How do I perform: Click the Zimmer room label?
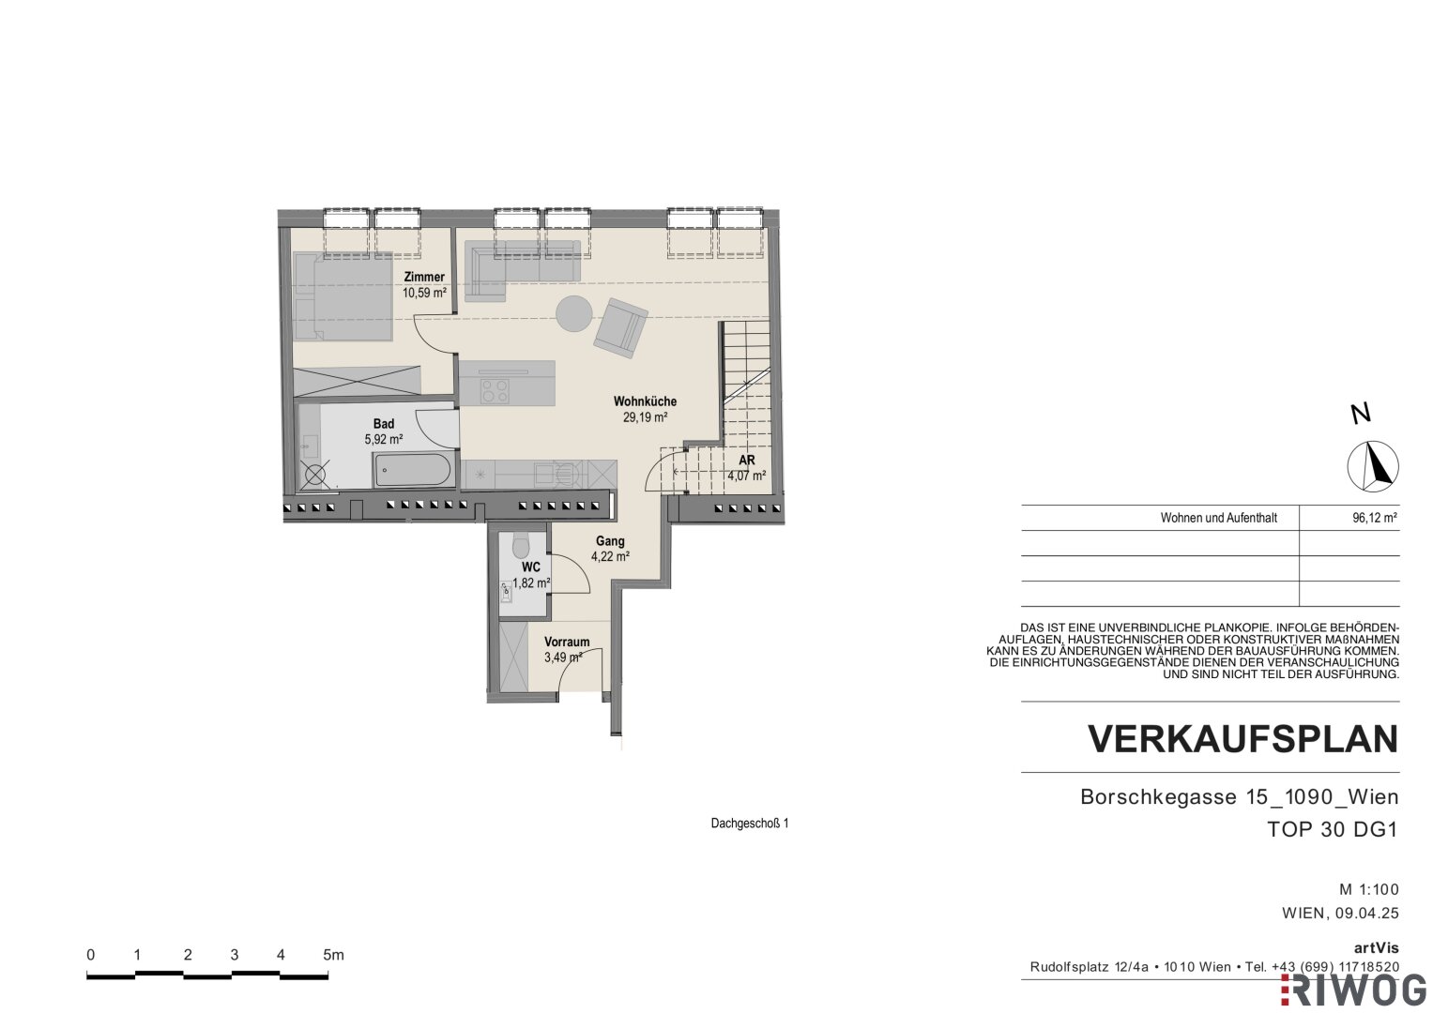click(424, 277)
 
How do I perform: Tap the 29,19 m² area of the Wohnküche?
click(645, 417)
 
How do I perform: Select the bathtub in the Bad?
click(414, 470)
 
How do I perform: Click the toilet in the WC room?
click(521, 546)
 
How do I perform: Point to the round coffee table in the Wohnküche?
click(573, 313)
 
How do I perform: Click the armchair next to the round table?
click(620, 327)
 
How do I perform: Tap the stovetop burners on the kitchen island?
click(495, 391)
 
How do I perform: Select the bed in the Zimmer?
click(343, 295)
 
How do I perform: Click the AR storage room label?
click(747, 460)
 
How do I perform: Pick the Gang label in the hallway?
click(610, 541)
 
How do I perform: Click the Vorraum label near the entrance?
click(567, 642)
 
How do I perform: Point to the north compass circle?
click(1373, 466)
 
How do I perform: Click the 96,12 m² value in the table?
click(1375, 518)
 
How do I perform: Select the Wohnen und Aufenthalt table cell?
click(1219, 518)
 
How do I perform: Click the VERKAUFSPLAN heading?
click(1243, 739)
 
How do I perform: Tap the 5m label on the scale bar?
click(333, 955)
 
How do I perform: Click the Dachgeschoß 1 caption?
click(750, 824)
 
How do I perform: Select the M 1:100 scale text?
click(1369, 889)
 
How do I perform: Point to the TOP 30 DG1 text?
click(1333, 829)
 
